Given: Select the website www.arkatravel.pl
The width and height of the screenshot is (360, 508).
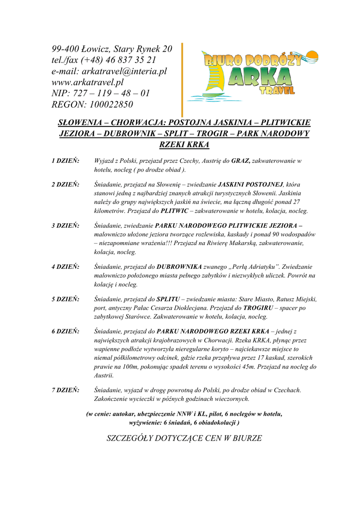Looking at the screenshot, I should click(87, 82).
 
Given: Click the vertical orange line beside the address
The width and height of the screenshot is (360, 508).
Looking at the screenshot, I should click(182, 79).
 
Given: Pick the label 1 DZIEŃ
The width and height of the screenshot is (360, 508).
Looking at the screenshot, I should click(66, 161).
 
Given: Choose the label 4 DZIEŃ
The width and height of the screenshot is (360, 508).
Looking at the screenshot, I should click(66, 267).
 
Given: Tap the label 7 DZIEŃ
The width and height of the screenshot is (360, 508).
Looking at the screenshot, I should click(66, 390).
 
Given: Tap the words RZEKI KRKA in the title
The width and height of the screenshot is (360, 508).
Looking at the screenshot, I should click(184, 145).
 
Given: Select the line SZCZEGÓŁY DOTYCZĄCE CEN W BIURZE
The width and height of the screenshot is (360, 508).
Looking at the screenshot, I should click(184, 438).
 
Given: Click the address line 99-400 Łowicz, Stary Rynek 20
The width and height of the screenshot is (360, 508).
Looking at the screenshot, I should click(112, 49).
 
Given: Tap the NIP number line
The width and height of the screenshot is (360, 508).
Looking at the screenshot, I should click(101, 93).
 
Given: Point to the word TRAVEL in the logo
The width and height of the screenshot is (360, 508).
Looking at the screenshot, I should click(277, 91).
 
